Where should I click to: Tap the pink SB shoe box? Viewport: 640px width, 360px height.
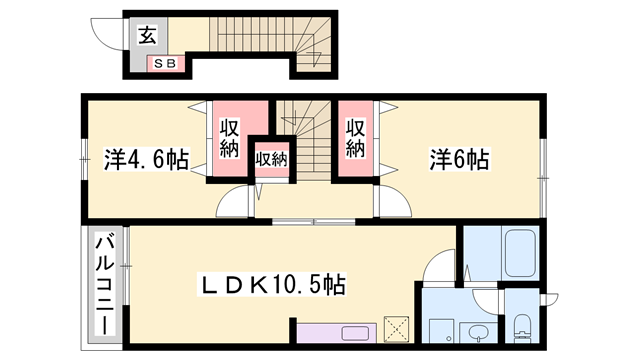tap(165, 65)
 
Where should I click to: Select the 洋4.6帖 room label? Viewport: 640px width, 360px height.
tap(147, 158)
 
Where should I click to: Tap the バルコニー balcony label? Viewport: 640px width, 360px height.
tap(104, 285)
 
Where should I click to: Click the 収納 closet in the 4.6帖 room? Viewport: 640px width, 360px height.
tap(227, 140)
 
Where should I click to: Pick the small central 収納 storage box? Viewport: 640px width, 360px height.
tap(270, 158)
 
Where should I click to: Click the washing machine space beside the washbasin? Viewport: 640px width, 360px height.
tap(441, 331)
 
